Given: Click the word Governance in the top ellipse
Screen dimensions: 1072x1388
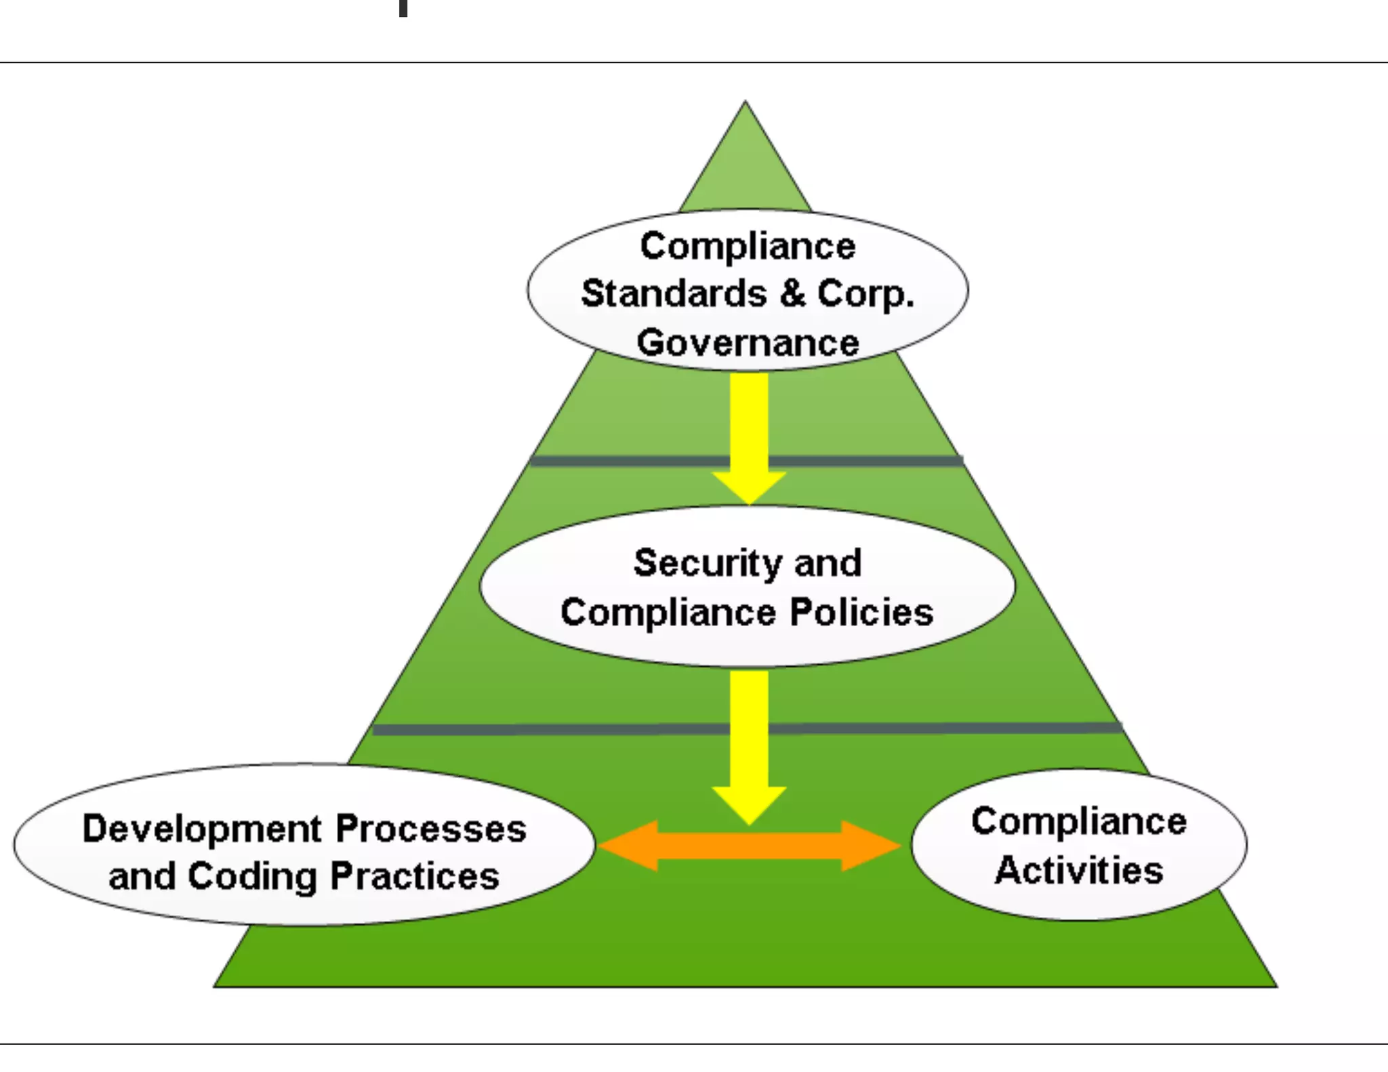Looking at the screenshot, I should (748, 342).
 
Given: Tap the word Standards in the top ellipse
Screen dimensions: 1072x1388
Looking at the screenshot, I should (674, 293).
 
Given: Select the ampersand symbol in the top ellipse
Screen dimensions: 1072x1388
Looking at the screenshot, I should (792, 293).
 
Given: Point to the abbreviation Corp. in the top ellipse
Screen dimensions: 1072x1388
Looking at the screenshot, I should (866, 294).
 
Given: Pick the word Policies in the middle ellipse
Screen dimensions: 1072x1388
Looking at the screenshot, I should (861, 612).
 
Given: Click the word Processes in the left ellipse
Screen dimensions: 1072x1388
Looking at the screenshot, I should (431, 829).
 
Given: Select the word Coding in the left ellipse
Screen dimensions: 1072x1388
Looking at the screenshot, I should (252, 877).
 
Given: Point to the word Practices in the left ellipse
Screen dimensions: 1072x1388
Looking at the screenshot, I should (415, 876).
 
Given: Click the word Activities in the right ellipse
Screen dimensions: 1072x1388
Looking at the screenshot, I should (1079, 870).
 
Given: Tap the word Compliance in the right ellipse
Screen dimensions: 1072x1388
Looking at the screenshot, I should (1079, 821).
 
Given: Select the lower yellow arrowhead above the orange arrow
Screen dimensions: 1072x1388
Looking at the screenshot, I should (749, 804).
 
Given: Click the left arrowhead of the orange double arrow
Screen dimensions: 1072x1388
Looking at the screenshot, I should (627, 846).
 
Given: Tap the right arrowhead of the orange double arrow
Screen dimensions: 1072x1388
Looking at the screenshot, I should (871, 846).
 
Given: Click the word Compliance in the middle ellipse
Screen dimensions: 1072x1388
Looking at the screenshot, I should (668, 613).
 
